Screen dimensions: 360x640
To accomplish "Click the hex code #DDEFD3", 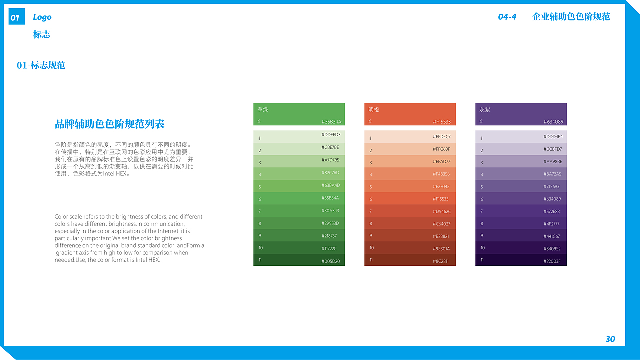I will (x=331, y=135).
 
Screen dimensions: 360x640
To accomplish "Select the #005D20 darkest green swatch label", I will (x=331, y=261).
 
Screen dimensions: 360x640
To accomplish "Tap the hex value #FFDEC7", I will (x=442, y=137).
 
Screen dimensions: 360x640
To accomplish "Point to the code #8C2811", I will (x=441, y=261).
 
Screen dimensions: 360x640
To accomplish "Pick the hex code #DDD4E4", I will (x=553, y=137).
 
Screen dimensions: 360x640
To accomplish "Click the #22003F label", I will (x=552, y=261).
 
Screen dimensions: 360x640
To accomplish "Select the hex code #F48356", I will (x=441, y=174).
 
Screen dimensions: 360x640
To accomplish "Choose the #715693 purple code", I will (x=552, y=187).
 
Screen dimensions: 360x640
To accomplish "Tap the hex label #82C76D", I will (x=330, y=173).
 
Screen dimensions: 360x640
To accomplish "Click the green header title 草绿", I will (x=263, y=109).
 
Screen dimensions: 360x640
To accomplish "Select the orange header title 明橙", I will (x=374, y=109).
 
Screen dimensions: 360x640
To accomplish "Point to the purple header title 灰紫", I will (x=485, y=109).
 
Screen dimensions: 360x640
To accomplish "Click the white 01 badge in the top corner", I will (x=16, y=18).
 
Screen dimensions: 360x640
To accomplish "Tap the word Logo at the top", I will (x=42, y=17).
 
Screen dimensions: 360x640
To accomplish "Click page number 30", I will (x=610, y=339).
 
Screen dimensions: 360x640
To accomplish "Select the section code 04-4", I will (x=507, y=17).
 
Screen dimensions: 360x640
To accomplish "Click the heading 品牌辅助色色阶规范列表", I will (x=110, y=124).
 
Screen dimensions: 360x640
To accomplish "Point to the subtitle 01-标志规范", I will (x=41, y=65).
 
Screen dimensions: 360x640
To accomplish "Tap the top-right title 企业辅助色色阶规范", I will (x=571, y=17).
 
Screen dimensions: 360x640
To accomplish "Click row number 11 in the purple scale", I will (x=482, y=260).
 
